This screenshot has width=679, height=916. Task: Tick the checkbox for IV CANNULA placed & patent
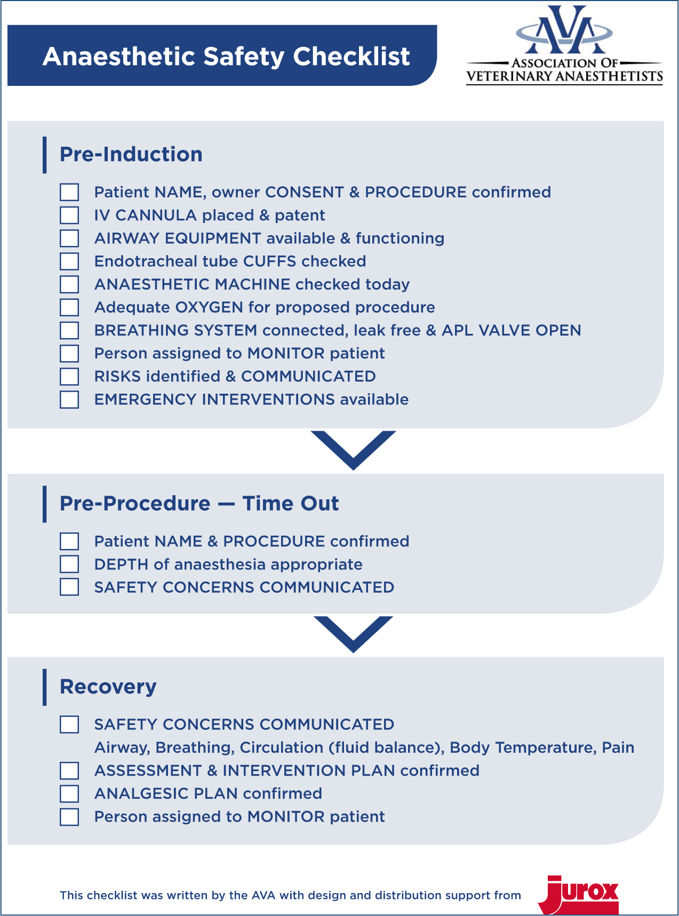click(69, 215)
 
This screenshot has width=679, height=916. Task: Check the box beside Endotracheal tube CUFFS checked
click(69, 261)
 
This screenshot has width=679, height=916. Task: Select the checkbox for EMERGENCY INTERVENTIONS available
click(69, 400)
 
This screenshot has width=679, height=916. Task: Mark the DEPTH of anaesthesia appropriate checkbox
click(69, 564)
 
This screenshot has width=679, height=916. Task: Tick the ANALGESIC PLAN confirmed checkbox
click(69, 793)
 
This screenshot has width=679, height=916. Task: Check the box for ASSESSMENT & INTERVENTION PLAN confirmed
click(69, 770)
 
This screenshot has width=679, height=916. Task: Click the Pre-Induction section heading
click(131, 154)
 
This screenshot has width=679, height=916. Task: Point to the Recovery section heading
click(108, 687)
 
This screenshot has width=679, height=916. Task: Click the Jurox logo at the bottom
click(579, 895)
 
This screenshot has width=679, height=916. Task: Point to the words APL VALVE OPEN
click(511, 330)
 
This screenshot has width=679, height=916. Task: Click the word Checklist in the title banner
click(352, 56)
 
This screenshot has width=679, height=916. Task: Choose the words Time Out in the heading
click(291, 504)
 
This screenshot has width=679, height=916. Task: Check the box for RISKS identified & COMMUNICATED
click(69, 377)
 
